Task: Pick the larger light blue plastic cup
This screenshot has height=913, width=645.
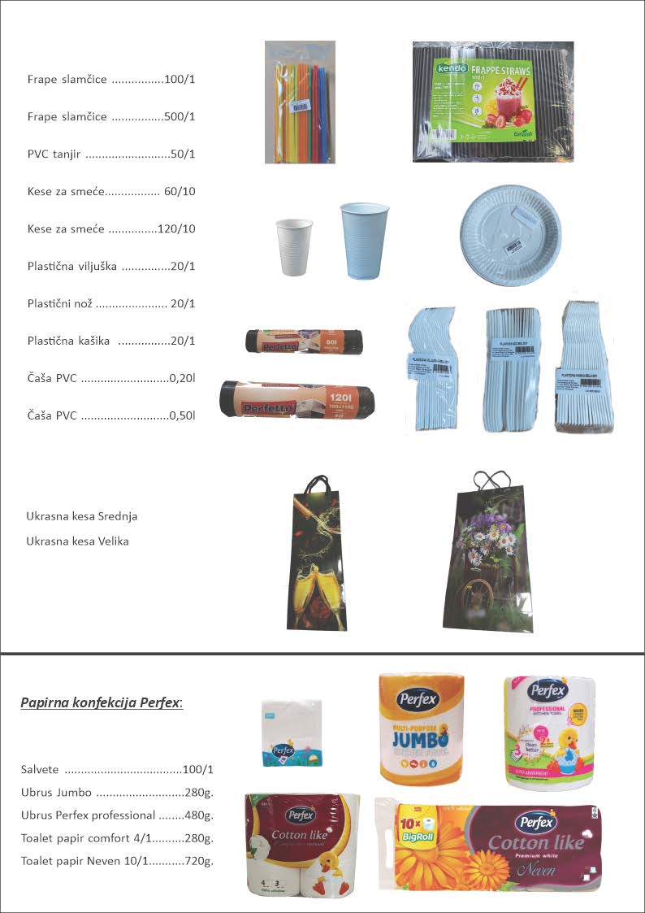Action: (x=365, y=240)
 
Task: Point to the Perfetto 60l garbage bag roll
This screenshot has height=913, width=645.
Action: (x=305, y=341)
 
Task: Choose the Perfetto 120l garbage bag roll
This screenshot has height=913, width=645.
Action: (x=297, y=399)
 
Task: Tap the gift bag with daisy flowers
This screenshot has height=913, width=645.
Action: (x=481, y=553)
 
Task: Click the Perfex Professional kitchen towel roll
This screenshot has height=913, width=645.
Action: (x=549, y=732)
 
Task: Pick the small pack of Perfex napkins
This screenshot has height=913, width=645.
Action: (x=292, y=733)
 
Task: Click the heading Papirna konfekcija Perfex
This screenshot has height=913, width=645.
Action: (x=102, y=701)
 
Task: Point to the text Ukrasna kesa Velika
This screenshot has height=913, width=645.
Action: (x=77, y=541)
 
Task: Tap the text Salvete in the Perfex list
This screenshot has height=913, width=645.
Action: (x=41, y=769)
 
